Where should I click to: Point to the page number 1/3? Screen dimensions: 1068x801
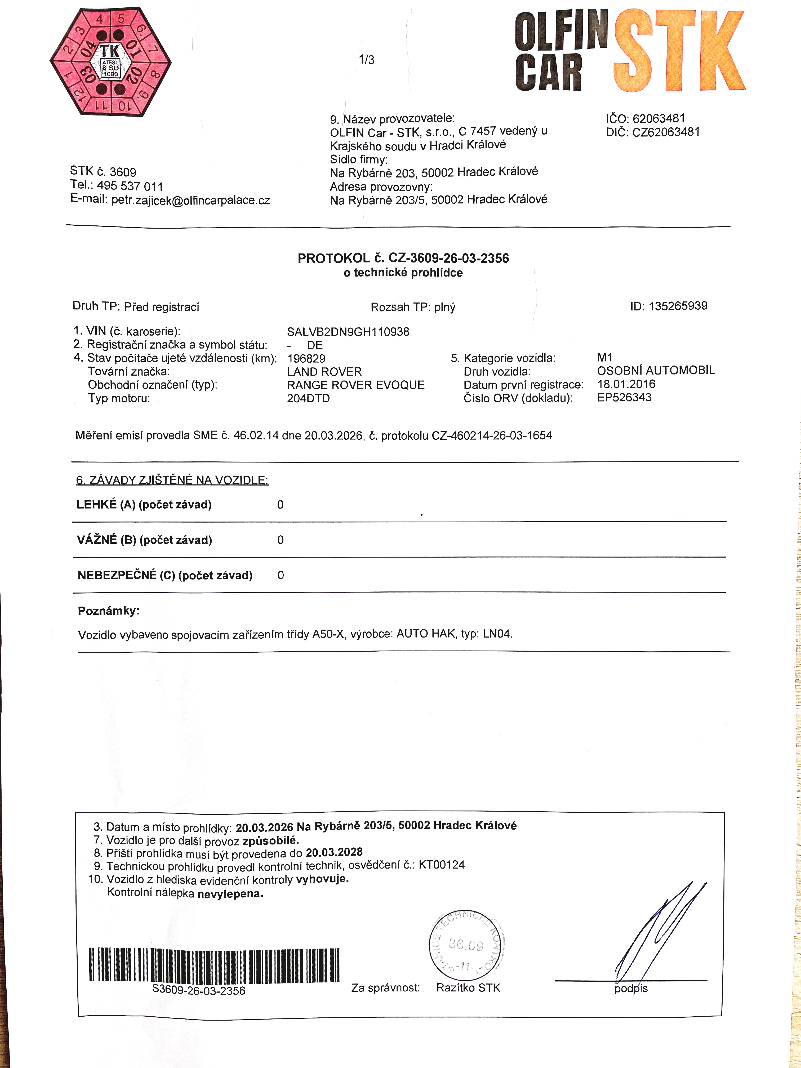[366, 60]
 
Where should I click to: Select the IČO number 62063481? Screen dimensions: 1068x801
[658, 118]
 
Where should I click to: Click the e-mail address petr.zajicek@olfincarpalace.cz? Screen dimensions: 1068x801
[190, 200]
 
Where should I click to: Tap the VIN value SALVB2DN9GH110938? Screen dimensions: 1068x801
[348, 332]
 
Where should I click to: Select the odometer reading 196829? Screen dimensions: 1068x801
[306, 358]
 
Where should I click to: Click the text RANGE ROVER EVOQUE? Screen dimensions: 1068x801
[356, 385]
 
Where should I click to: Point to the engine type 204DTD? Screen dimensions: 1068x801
[309, 398]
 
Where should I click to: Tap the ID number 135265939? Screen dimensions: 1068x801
[678, 306]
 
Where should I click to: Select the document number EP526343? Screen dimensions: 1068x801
[624, 397]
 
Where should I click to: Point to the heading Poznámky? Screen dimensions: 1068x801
[109, 611]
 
